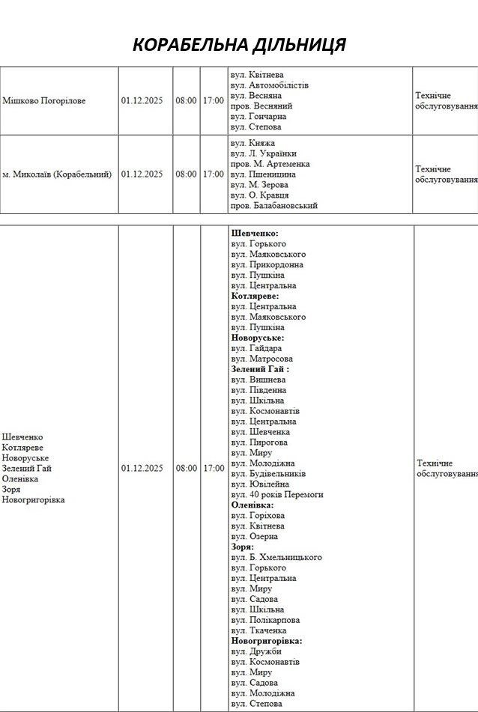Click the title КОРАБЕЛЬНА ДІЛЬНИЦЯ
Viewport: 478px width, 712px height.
[239, 44]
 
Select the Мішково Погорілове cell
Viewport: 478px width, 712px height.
[43, 101]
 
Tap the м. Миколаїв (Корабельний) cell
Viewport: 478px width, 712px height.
[57, 174]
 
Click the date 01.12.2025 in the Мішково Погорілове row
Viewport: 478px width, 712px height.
[142, 101]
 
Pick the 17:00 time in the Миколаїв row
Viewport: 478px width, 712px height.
[213, 174]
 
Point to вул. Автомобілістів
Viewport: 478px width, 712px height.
[270, 85]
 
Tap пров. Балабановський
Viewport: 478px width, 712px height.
[274, 205]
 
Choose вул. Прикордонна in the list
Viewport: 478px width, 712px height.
[267, 265]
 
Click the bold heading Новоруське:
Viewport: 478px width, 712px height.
[258, 338]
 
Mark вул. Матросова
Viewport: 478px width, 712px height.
[262, 359]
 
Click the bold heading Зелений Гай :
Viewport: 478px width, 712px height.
[260, 369]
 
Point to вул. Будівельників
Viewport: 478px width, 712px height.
[268, 474]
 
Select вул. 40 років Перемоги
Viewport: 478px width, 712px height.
[277, 495]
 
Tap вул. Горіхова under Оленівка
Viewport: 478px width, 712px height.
[258, 516]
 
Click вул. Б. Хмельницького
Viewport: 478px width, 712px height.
[276, 558]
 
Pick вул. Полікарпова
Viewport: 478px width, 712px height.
[265, 620]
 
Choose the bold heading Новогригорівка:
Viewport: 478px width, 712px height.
[267, 641]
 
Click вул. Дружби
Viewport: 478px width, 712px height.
[256, 651]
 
